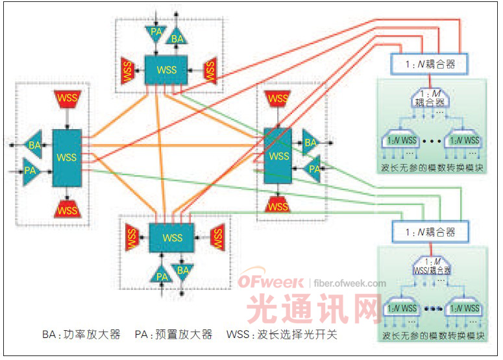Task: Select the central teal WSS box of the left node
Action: click(x=67, y=158)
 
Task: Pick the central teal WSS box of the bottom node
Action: click(x=172, y=237)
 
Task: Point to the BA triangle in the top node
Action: click(x=177, y=39)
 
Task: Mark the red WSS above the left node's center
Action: click(x=67, y=100)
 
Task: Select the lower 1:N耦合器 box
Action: click(x=429, y=232)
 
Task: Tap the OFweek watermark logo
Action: click(x=271, y=283)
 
